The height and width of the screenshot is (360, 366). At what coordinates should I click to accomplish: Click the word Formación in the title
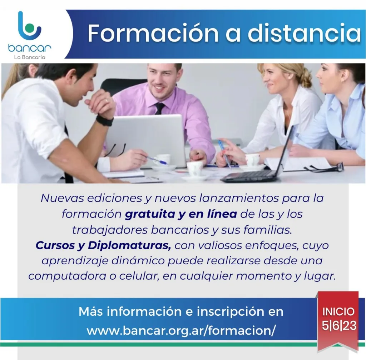(x=153, y=33)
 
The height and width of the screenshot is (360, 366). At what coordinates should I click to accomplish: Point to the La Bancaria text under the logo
(x=30, y=57)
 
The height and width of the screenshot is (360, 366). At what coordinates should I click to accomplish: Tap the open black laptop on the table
(x=257, y=161)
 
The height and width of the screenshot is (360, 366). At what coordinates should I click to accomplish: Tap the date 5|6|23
(x=339, y=325)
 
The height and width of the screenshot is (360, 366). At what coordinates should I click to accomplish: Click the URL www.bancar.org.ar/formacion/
(x=181, y=330)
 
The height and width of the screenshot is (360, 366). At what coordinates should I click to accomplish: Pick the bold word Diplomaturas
(x=129, y=245)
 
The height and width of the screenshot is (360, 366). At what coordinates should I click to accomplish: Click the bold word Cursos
(x=55, y=245)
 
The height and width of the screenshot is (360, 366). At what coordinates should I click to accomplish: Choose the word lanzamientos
(x=239, y=198)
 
